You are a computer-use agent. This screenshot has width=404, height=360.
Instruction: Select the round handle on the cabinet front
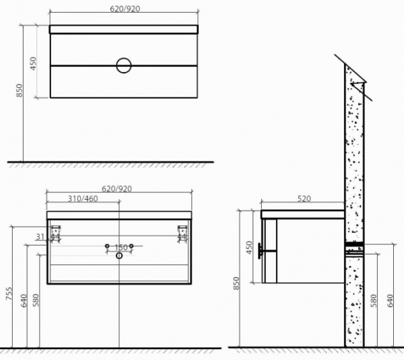coord(124,65)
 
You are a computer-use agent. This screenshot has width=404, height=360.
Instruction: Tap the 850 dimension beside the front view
coord(20,89)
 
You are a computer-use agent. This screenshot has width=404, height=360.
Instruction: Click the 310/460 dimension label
coord(83,199)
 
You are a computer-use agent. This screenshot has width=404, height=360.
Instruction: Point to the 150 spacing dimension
coord(120,246)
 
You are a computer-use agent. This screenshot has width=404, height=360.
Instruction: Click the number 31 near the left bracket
coord(39,236)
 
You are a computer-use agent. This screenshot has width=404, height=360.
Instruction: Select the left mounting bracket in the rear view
coord(57,233)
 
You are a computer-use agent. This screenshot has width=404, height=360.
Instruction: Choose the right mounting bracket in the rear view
coord(181,233)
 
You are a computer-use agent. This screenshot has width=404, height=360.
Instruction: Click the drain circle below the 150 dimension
coord(120,255)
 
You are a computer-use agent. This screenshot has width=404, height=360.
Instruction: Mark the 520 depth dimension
coord(303,199)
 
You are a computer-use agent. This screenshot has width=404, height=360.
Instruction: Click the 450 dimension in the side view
coord(248,248)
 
